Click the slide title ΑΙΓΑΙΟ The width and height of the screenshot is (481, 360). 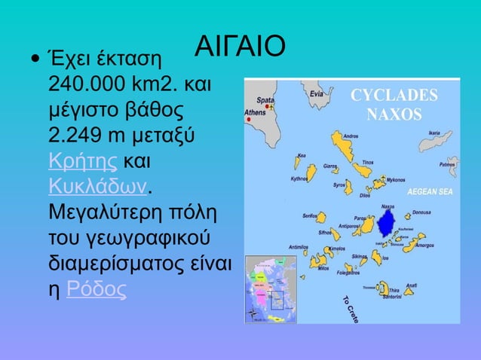pos(240,46)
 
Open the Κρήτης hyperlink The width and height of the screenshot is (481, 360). pos(82,161)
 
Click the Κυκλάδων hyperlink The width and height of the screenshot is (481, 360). pos(97,186)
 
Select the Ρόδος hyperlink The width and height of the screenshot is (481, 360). pos(96,289)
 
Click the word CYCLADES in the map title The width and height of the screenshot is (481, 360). pos(394,96)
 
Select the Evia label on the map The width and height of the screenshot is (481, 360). pos(317,94)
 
